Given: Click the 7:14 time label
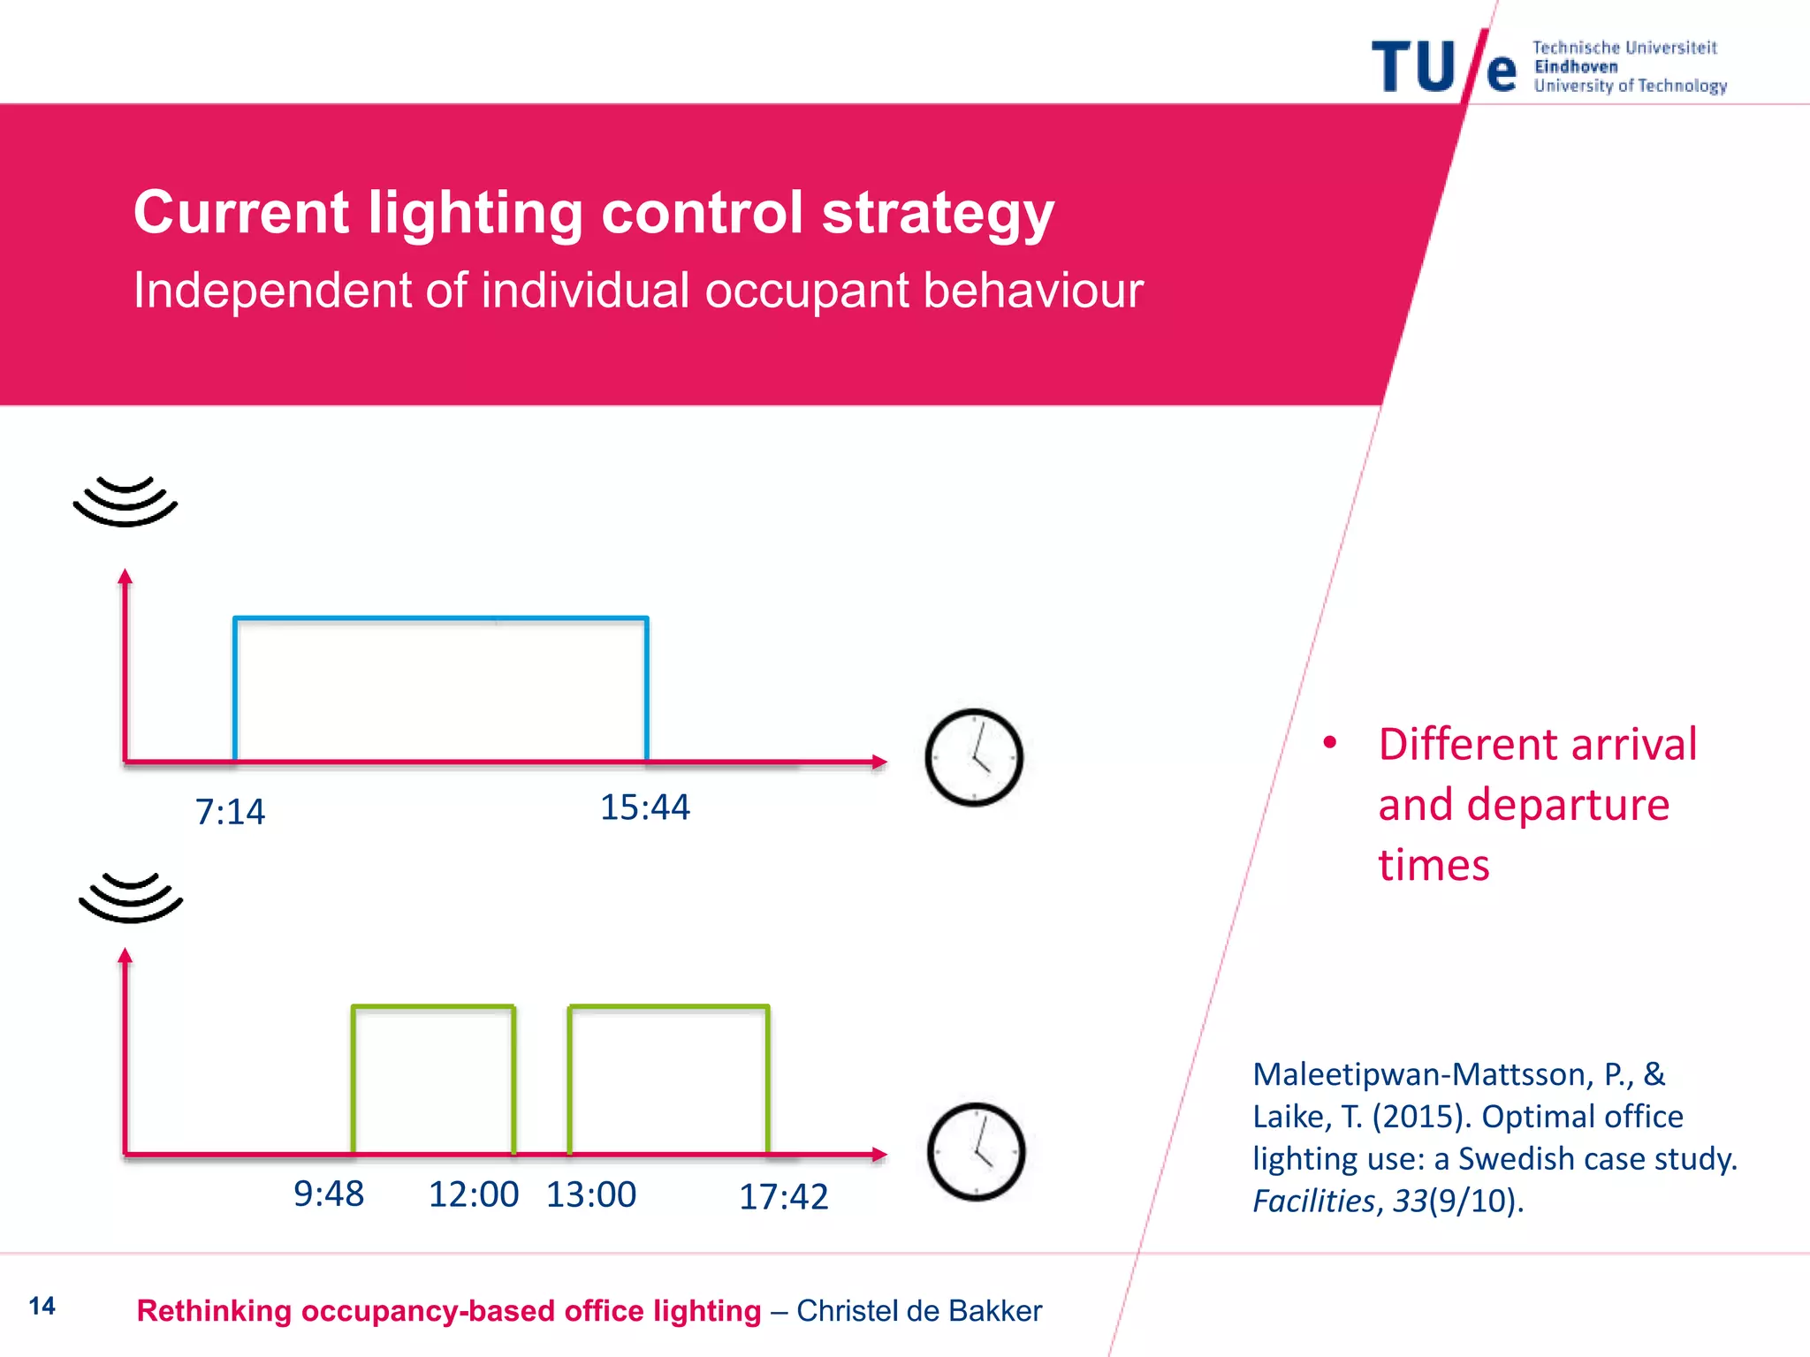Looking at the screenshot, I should pyautogui.click(x=230, y=812).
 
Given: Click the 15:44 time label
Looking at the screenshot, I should pyautogui.click(x=644, y=807).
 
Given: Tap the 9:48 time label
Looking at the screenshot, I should pyautogui.click(x=328, y=1194).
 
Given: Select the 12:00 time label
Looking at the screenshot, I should pyautogui.click(x=473, y=1195).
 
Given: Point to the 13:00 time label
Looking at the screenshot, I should pyautogui.click(x=590, y=1195).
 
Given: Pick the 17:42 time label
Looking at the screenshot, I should pyautogui.click(x=783, y=1197).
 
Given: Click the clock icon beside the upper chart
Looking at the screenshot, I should pyautogui.click(x=974, y=758).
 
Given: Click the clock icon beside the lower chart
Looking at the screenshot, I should pyautogui.click(x=976, y=1152).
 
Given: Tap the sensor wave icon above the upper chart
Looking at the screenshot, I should pyautogui.click(x=125, y=501).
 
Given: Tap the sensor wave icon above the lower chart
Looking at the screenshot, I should pyautogui.click(x=131, y=898).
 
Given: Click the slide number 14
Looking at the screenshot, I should pyautogui.click(x=42, y=1306).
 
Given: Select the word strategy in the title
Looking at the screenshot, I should pyautogui.click(x=938, y=213).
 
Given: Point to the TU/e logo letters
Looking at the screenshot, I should pyautogui.click(x=1442, y=67).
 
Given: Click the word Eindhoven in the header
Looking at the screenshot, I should pyautogui.click(x=1576, y=67).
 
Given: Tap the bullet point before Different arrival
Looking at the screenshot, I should pyautogui.click(x=1329, y=743).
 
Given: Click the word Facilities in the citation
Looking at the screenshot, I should pyautogui.click(x=1313, y=1202).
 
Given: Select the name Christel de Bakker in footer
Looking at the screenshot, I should pyautogui.click(x=919, y=1311).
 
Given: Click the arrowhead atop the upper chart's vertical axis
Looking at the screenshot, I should pyautogui.click(x=125, y=576).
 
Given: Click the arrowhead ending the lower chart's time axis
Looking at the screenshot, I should pyautogui.click(x=878, y=1154).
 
